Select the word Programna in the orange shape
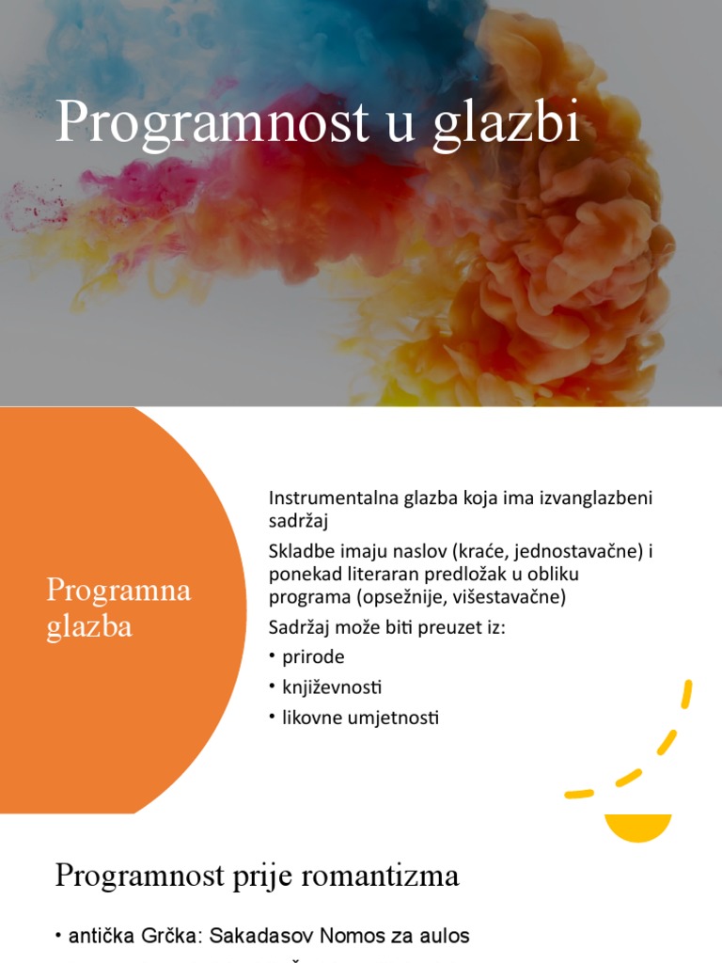click(x=118, y=592)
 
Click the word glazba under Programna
click(x=89, y=627)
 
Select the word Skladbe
click(x=301, y=552)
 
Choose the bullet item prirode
click(x=313, y=657)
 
